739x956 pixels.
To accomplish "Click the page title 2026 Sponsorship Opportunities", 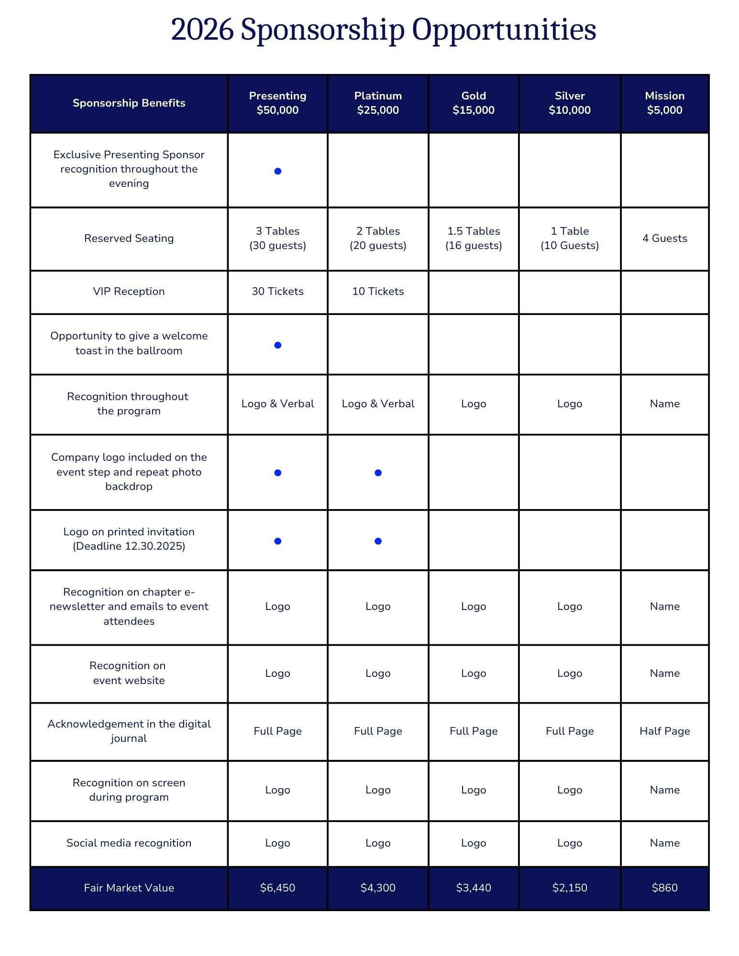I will pos(383,30).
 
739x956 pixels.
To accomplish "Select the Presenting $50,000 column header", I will pos(277,103).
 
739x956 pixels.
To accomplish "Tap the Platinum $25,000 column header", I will pos(378,103).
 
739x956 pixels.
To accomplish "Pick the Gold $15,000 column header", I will pos(474,103).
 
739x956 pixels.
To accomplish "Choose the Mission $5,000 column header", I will pos(664,103).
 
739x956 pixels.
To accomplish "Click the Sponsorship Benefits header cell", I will pos(129,103).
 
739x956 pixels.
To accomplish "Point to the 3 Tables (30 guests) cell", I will pos(277,238).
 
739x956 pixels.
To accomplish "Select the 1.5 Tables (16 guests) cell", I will pos(474,238).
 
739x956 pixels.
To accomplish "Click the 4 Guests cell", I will pos(664,238).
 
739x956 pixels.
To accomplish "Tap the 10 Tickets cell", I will pos(378,291).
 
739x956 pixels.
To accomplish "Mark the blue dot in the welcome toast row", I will pos(277,345).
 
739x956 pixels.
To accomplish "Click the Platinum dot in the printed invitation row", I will pos(378,541).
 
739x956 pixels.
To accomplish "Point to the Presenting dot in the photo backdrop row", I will pos(277,473).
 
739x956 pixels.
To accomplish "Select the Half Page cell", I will pos(664,731).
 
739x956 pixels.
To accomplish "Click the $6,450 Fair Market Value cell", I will pos(277,888).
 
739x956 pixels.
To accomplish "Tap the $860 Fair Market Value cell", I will pos(664,888).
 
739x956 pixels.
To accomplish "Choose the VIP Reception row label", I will pos(129,291).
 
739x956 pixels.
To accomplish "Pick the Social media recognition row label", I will pos(129,843).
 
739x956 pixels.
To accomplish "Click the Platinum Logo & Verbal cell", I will pos(378,403).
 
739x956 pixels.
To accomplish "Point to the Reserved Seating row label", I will pos(129,238).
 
